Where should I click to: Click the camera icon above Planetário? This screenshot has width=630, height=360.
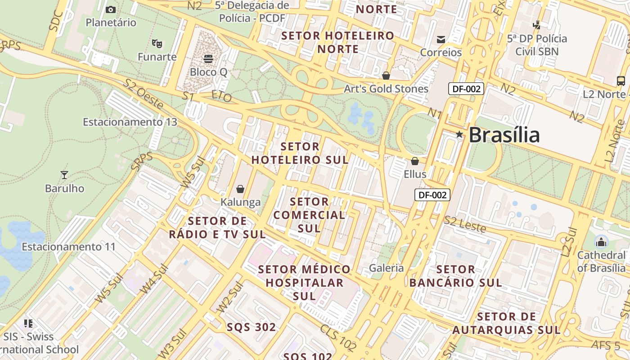point(111,9)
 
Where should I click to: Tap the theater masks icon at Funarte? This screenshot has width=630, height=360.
point(157,44)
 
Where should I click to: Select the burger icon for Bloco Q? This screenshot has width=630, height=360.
point(208,58)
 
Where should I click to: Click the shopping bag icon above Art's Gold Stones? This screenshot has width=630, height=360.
point(386,76)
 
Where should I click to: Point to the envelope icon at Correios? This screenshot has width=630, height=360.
point(441,40)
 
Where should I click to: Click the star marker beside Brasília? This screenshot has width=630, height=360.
point(459,134)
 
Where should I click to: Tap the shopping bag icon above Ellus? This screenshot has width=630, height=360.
point(415,161)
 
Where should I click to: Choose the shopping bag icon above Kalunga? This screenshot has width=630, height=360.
point(240,189)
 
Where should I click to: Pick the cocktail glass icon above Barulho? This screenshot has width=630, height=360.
point(64,175)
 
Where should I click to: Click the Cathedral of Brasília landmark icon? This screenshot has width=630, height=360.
point(601,242)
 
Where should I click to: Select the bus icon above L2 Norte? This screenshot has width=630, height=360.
point(621,81)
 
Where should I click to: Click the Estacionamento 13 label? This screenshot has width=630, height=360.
point(130,122)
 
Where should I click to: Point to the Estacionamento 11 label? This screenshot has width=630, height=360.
point(68,247)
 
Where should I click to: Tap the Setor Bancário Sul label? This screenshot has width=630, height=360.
point(455,276)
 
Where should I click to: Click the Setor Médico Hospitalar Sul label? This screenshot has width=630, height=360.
point(304,283)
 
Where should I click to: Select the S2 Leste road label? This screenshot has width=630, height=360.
point(465,224)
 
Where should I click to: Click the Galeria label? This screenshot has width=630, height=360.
point(387,268)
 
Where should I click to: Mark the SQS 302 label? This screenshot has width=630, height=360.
point(251,327)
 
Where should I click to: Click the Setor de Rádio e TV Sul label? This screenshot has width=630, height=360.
point(217,228)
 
